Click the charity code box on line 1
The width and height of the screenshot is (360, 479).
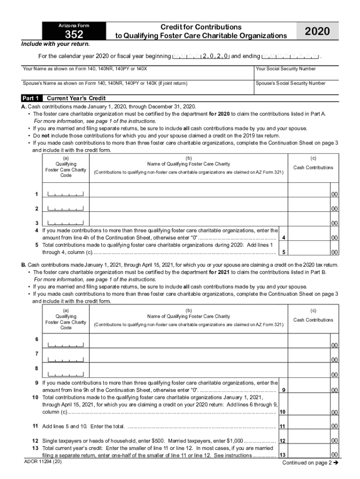(65, 194)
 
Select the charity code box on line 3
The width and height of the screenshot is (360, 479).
(65, 223)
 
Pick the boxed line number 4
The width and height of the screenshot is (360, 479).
(284, 238)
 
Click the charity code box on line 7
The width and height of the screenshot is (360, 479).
(65, 359)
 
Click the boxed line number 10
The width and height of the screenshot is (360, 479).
(282, 412)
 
